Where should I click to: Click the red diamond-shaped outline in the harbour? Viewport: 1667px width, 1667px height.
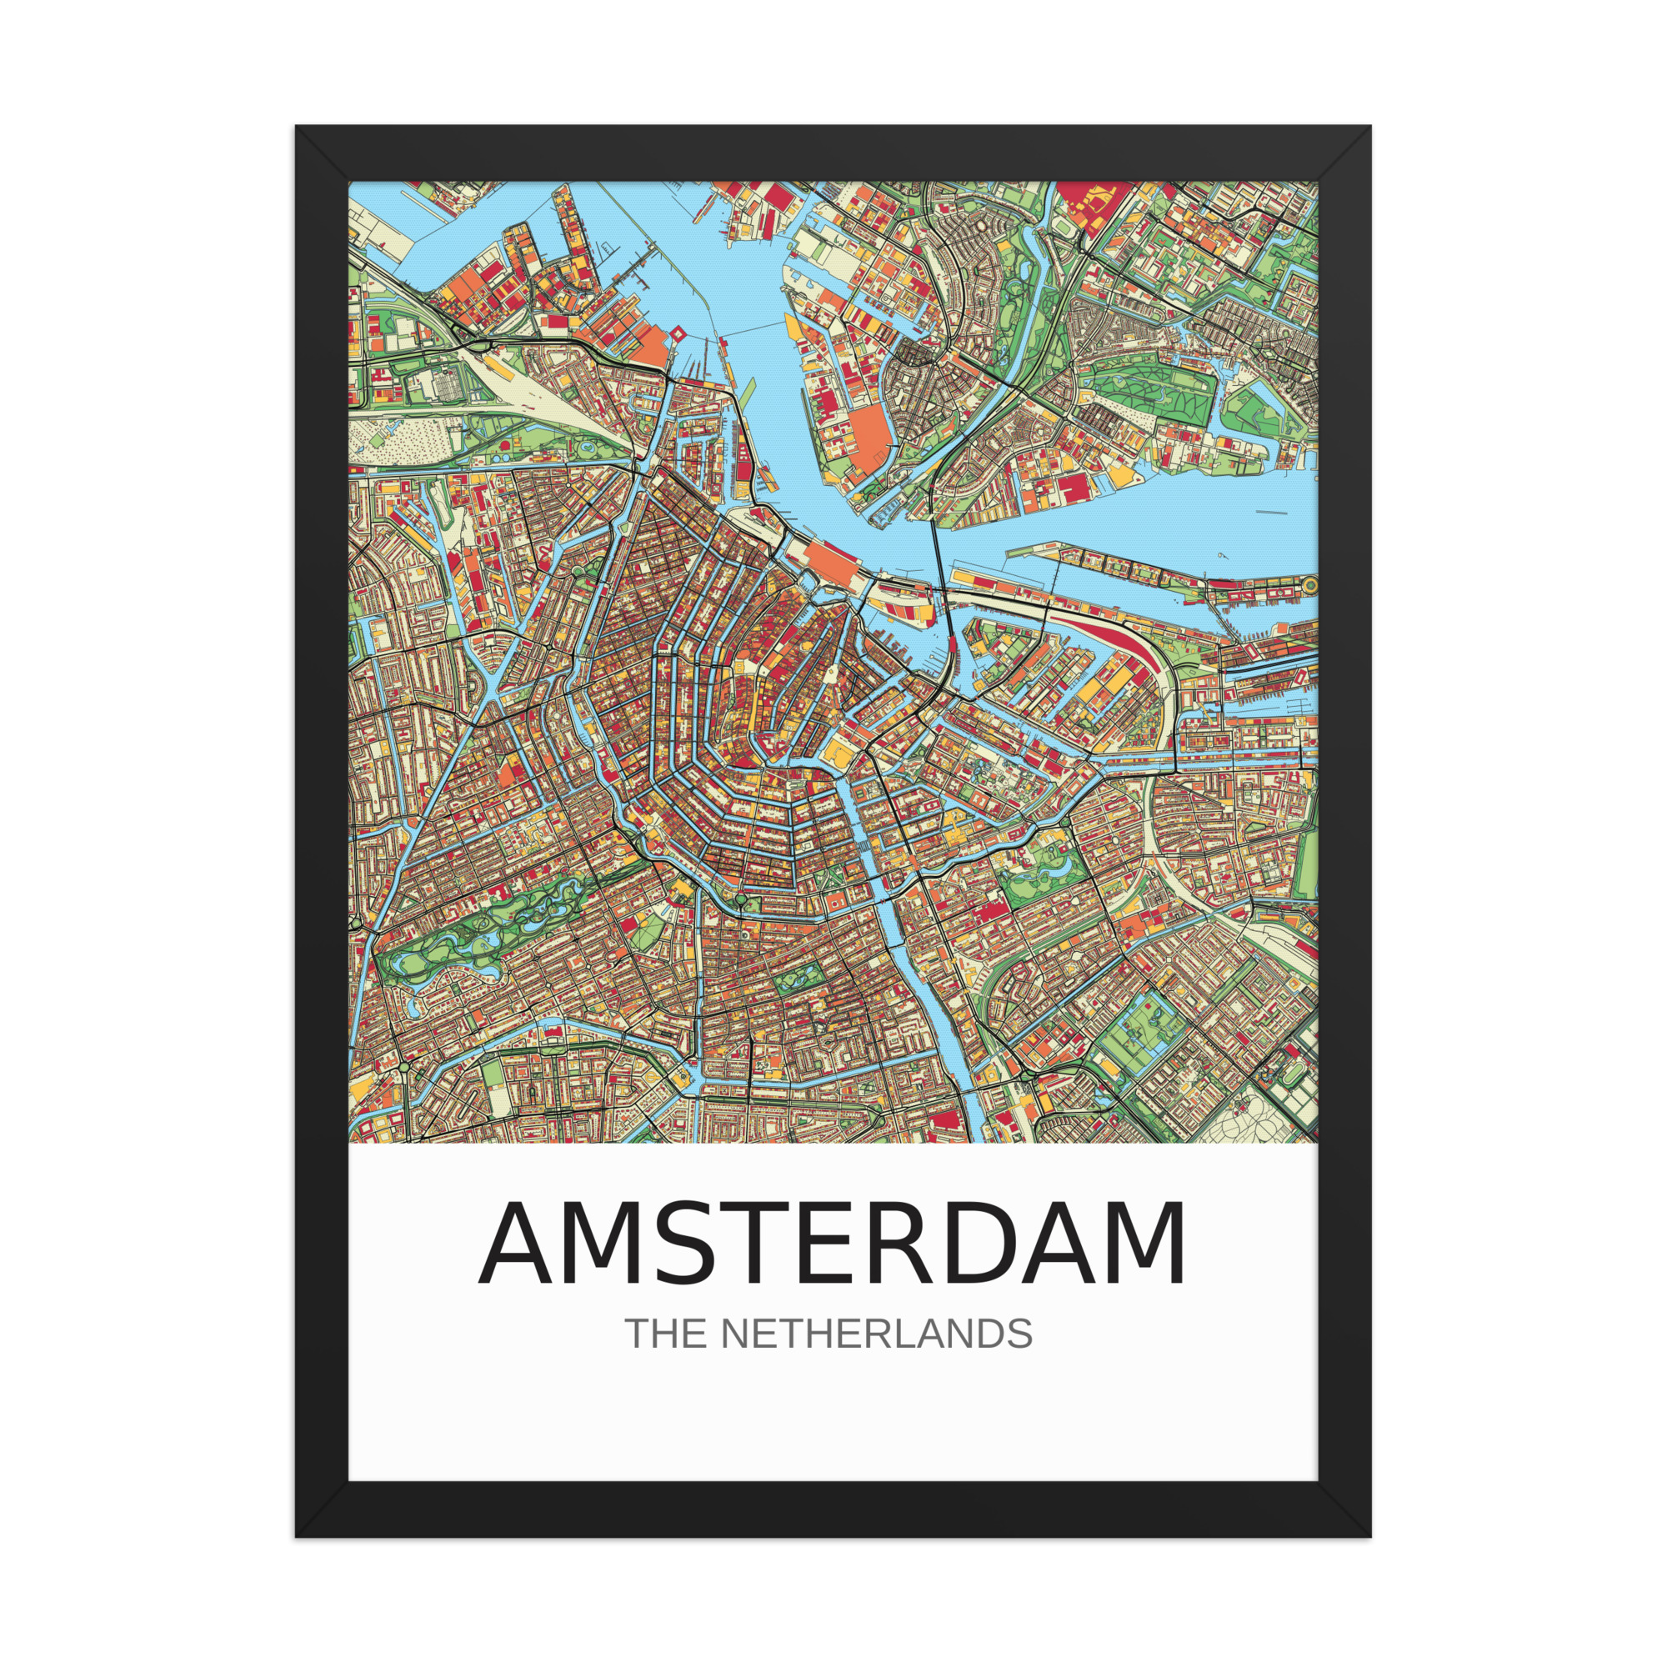[678, 333]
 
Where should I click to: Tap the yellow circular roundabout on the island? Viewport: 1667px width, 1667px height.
[1310, 584]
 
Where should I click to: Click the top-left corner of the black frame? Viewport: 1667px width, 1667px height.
[296, 126]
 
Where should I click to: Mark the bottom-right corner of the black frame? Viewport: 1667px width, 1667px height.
[1371, 1537]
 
